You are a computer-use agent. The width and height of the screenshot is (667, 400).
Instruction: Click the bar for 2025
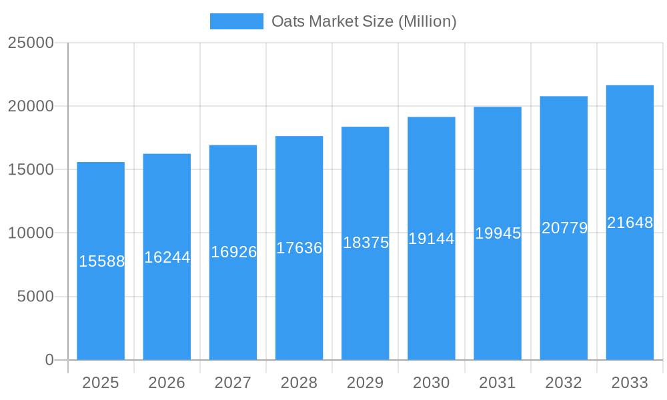101,261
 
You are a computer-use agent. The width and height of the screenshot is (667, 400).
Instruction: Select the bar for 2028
299,247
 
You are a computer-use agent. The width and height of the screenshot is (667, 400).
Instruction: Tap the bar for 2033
630,222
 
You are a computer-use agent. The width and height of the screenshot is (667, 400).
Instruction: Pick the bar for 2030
432,238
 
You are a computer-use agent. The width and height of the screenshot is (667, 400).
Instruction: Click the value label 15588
101,261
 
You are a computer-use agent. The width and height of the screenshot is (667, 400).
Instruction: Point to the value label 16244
167,257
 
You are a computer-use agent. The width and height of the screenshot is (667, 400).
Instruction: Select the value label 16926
233,252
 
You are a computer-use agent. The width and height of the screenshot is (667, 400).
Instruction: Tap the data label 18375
366,243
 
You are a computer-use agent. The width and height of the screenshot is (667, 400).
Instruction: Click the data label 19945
498,233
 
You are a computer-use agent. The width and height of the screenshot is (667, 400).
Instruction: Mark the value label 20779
564,228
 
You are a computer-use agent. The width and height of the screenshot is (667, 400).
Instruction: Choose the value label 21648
630,223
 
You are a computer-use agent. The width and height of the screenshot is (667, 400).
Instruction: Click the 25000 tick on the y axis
31,43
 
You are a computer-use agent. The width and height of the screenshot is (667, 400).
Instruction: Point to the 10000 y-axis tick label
31,233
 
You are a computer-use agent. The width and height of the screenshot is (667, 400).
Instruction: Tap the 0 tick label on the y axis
49,360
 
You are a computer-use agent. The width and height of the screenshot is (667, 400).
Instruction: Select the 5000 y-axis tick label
35,297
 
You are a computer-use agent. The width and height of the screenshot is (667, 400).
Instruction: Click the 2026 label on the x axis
167,383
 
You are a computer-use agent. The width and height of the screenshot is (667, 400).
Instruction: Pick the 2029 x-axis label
366,383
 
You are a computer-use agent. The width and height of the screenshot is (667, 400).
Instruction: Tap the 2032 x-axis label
564,383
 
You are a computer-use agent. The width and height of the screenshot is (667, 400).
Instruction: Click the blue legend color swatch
237,21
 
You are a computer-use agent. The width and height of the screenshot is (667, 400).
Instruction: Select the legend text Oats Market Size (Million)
364,21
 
